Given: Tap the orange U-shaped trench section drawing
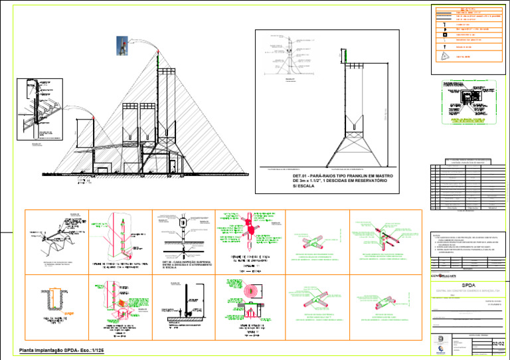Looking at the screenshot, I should [x=54, y=296].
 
